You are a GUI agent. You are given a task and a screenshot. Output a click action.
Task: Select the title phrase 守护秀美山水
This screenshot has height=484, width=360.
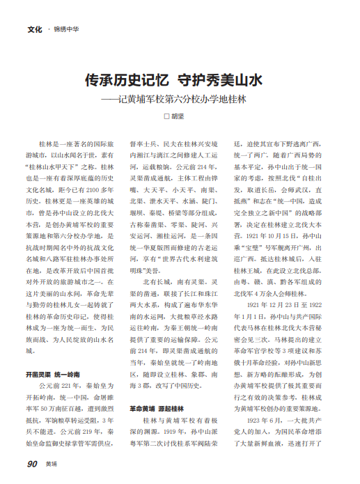(219, 81)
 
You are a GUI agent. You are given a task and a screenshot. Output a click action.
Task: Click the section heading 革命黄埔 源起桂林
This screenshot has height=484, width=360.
(157, 408)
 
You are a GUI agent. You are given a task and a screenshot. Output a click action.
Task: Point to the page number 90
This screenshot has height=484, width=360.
(32, 462)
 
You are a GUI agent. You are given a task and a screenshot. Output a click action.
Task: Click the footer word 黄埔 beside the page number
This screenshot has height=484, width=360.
(52, 463)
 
